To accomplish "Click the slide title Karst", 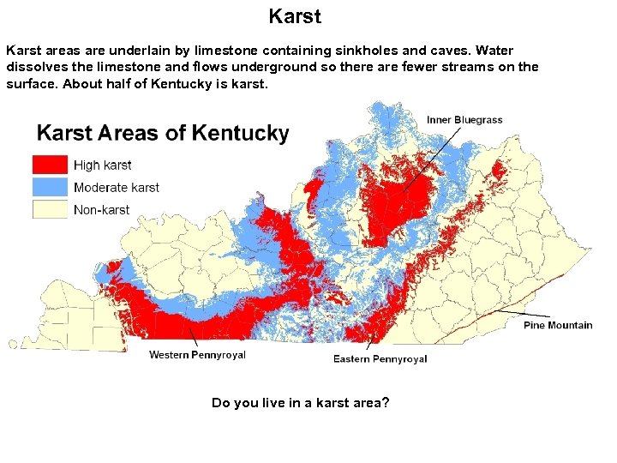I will click(295, 16).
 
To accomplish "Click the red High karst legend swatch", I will click(50, 165).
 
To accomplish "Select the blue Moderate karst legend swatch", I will click(50, 187).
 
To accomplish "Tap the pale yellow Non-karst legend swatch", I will click(50, 209).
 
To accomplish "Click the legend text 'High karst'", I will click(103, 165).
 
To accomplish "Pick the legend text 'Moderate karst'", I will click(117, 187).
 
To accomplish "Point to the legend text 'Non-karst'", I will click(102, 209).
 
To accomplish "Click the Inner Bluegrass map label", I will click(464, 120).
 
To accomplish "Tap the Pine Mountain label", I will click(558, 325).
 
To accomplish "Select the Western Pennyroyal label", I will click(197, 355).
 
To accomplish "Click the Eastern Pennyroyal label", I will click(380, 358).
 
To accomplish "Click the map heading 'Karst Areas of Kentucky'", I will click(163, 134).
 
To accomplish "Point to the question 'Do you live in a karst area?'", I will click(300, 402).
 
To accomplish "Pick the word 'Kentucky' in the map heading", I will click(241, 134).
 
